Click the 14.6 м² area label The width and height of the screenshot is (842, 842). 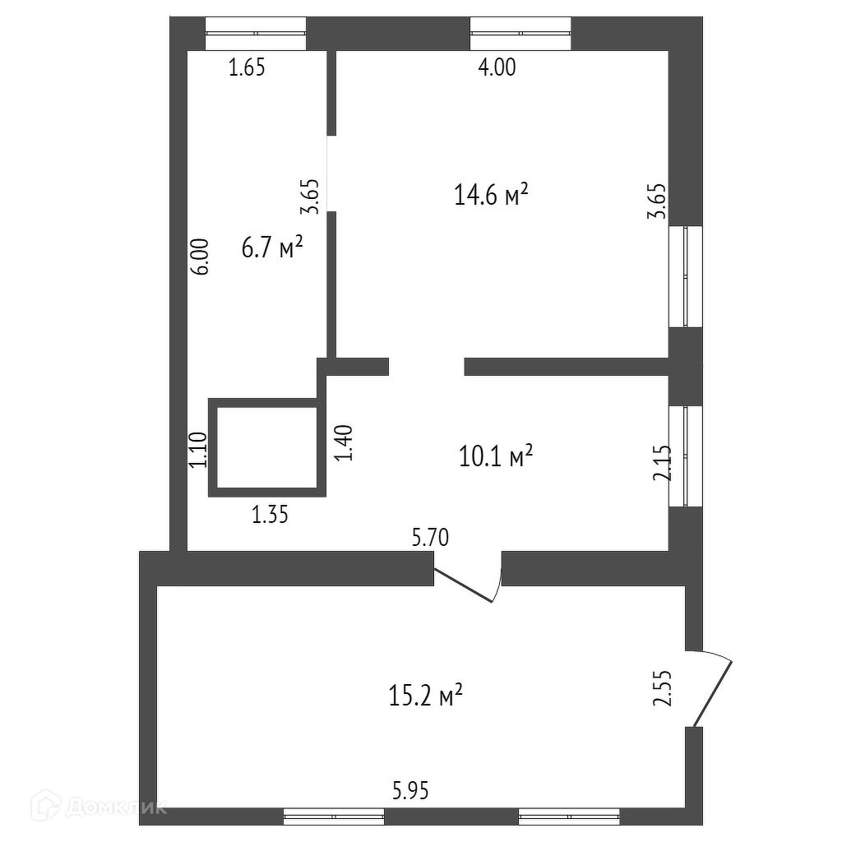(x=490, y=196)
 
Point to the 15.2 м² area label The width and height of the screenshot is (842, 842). (x=424, y=696)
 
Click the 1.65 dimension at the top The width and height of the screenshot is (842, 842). (x=247, y=68)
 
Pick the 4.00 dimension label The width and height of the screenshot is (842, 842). (x=497, y=68)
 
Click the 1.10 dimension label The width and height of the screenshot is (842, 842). (x=198, y=451)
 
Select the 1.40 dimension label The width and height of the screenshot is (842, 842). (x=345, y=442)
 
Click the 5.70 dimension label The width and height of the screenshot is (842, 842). (x=430, y=539)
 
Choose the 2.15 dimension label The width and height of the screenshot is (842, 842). (x=663, y=465)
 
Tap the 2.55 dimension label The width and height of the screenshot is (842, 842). (x=664, y=689)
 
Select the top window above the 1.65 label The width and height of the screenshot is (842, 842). (x=255, y=33)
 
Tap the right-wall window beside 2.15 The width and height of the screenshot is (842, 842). (x=686, y=456)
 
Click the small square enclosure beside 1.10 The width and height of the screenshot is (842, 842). (x=267, y=448)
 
